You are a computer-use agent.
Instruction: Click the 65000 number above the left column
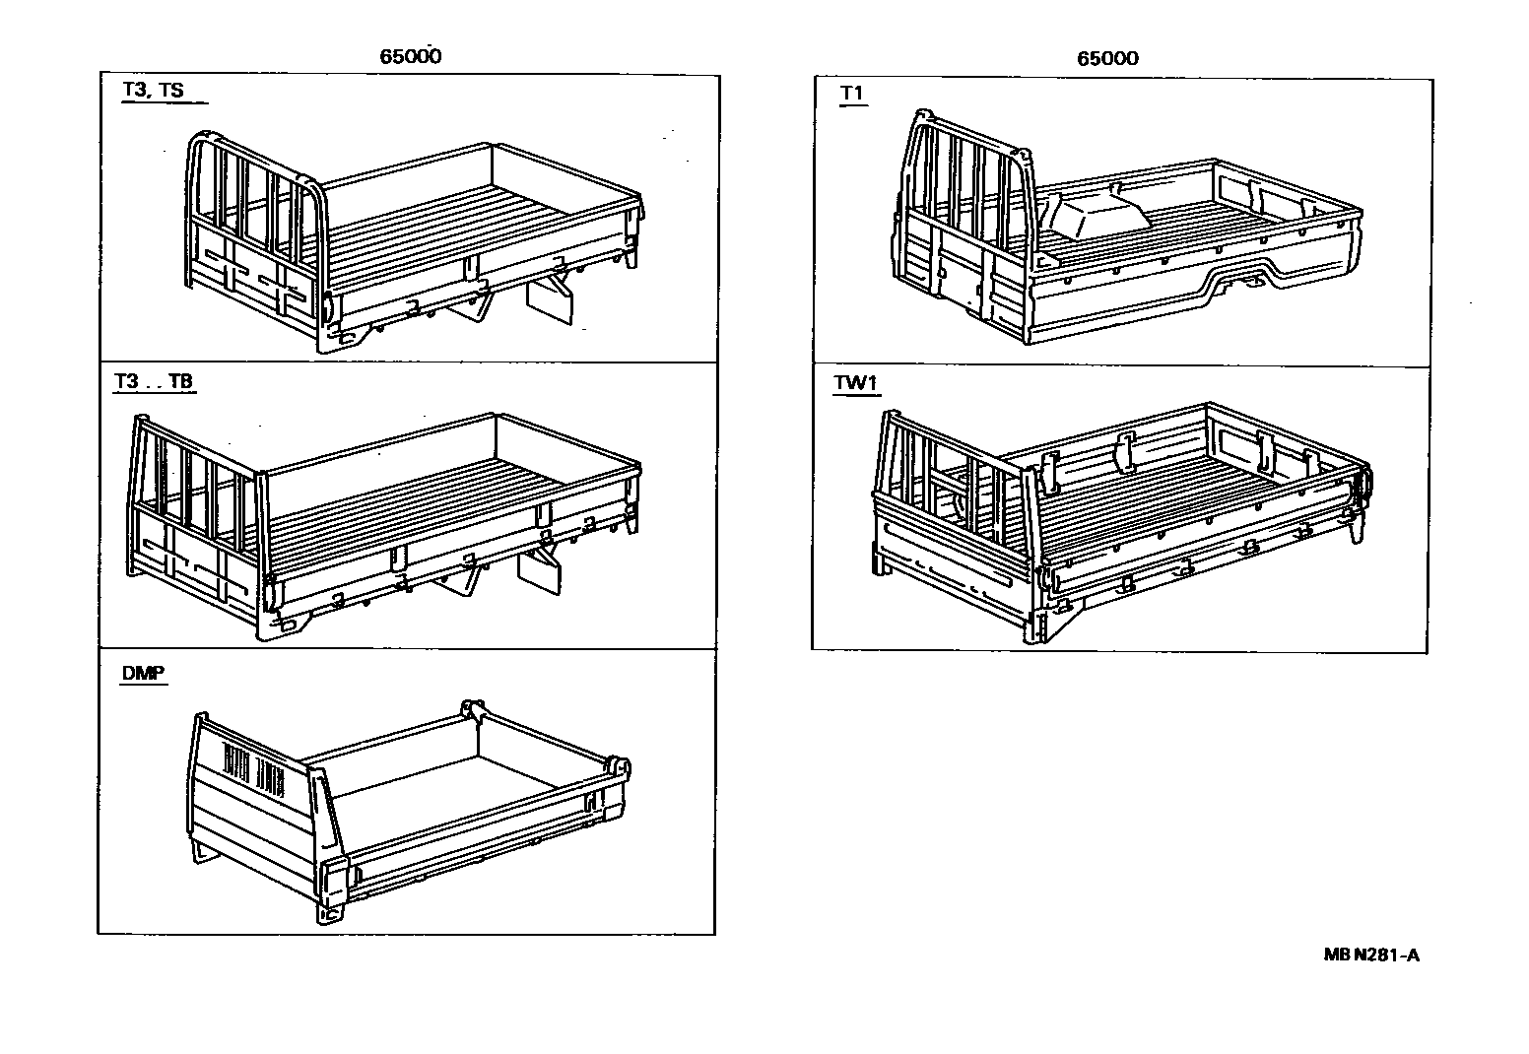pos(411,56)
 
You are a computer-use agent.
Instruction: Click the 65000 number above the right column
pos(1107,58)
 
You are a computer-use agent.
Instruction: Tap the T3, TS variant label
pos(153,91)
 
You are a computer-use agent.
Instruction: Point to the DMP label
pos(143,674)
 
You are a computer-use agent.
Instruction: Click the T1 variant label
pos(852,93)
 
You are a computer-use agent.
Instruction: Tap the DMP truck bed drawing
pos(409,808)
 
